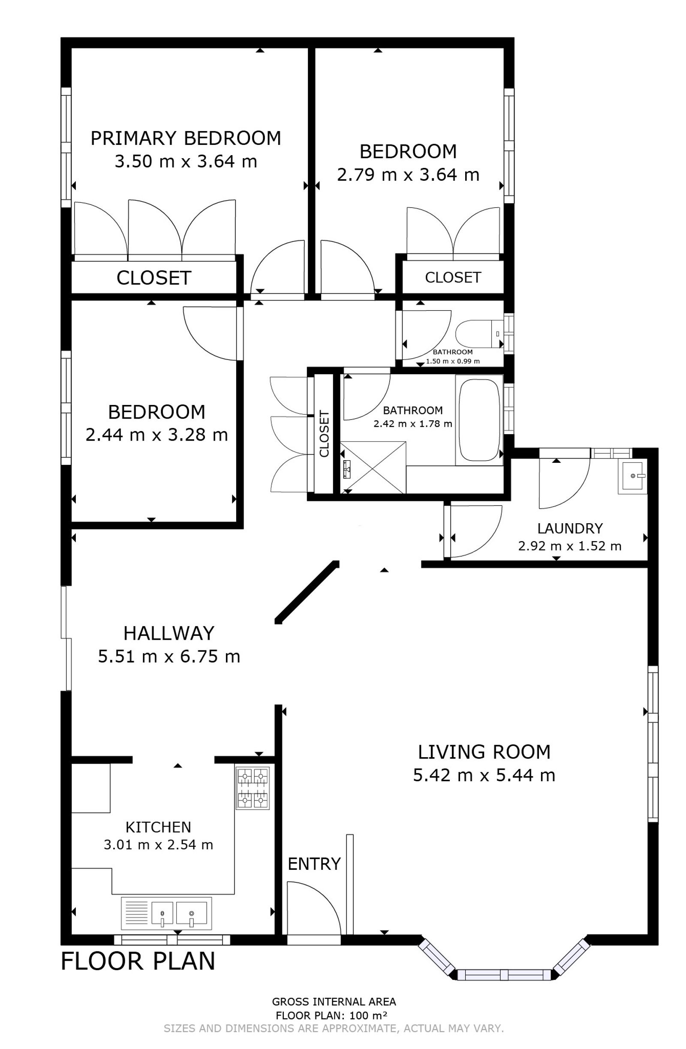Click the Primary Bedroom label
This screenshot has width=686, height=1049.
[x=186, y=138]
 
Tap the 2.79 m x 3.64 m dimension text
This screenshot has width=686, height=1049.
[x=408, y=174]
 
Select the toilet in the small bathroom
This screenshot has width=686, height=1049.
[x=479, y=334]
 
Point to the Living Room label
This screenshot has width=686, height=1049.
[x=484, y=752]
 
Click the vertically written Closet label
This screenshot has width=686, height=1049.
[x=324, y=434]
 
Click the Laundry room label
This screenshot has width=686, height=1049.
[x=570, y=528]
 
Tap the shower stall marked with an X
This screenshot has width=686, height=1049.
[x=373, y=467]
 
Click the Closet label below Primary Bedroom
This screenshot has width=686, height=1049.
[x=154, y=278]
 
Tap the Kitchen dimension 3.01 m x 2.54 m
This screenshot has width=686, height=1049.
[x=158, y=845]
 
